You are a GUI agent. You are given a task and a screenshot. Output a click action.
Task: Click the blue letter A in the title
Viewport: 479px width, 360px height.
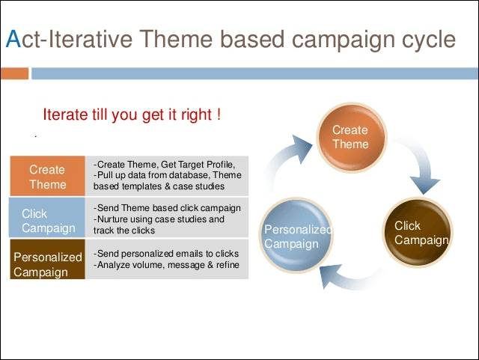coord(11,39)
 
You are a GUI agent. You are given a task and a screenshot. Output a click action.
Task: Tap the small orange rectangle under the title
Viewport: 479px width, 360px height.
coord(14,73)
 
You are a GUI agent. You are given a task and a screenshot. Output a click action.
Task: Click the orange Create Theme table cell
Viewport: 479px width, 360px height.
coord(47,177)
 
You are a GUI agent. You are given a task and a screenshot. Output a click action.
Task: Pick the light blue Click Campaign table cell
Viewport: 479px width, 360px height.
coord(47,220)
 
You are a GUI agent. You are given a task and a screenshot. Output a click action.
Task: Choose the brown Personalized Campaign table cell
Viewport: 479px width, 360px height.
coord(47,263)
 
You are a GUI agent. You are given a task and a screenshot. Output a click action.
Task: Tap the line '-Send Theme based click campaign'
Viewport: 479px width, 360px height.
coord(167,208)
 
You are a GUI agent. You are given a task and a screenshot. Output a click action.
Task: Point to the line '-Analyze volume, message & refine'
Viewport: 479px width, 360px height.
coord(168,265)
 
